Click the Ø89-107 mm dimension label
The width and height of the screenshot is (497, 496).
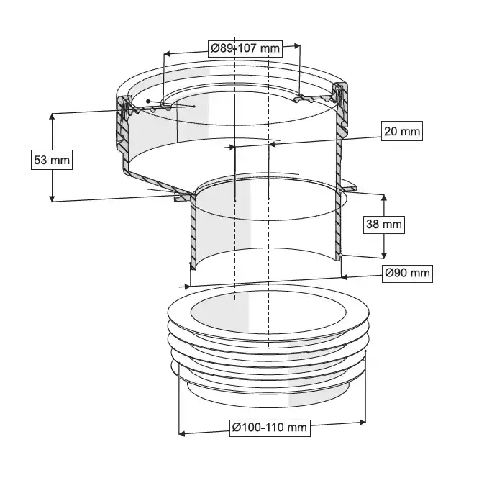point(245,48)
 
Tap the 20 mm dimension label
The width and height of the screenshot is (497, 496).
point(402,131)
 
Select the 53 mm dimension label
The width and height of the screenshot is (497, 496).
point(52,160)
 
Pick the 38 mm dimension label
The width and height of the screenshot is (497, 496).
point(384,224)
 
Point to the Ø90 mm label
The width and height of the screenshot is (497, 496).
point(407,273)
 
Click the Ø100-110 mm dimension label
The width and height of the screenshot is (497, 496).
point(270,428)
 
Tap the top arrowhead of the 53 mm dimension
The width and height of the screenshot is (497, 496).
point(52,116)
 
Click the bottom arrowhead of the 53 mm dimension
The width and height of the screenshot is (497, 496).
point(52,199)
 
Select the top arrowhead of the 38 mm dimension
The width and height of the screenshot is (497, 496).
point(384,198)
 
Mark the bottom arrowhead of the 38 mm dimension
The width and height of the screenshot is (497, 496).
point(384,255)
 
